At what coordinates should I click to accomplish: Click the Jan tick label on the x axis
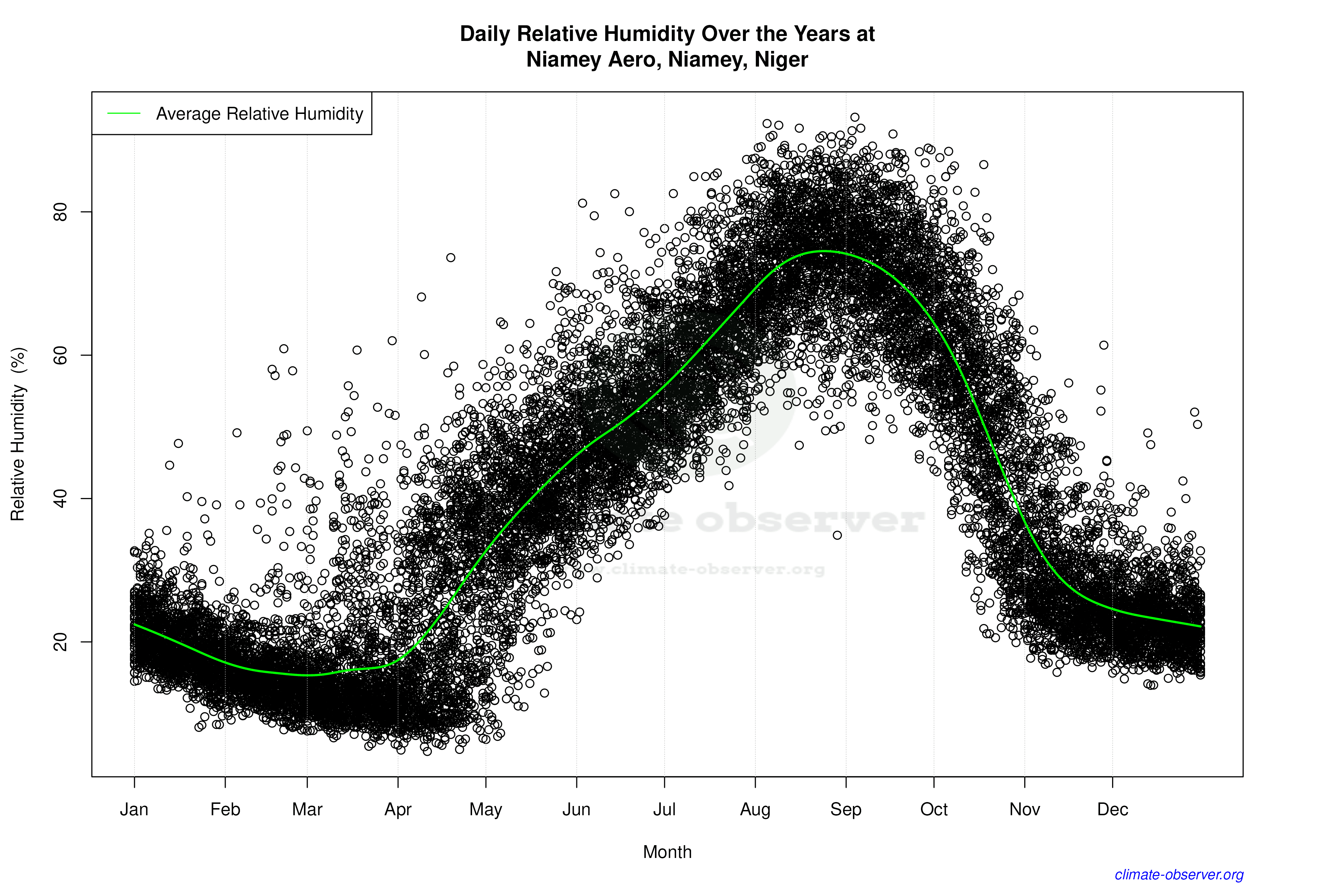coord(134,810)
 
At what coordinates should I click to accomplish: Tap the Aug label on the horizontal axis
coord(755,810)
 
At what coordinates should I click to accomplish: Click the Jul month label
coord(664,810)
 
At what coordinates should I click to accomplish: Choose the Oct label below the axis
coord(934,810)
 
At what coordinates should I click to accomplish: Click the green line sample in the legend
coord(124,114)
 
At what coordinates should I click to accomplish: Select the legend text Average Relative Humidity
coord(260,114)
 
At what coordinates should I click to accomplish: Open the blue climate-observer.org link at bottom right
coord(1179,875)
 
